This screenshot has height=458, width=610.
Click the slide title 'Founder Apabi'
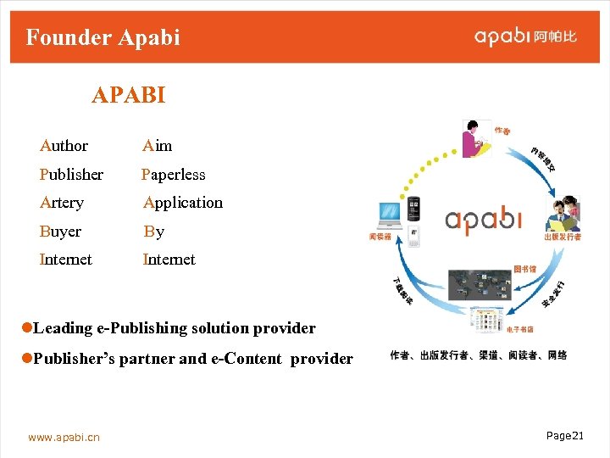103,37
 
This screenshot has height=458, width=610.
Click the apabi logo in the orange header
525,36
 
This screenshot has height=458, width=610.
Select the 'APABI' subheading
128,95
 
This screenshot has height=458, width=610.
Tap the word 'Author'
64,146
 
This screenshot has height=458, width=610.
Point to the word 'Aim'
158,146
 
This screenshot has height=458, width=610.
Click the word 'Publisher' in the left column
71,175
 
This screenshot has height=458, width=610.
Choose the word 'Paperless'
174,175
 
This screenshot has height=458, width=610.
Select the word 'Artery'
62,203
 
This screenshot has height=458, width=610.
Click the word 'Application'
183,203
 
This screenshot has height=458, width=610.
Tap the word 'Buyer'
60,232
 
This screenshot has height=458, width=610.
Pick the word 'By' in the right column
154,232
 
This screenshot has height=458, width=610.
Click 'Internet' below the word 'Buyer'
65,260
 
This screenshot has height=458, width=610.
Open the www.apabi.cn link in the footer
64,437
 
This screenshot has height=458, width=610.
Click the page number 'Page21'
565,435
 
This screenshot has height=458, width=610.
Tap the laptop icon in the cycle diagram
391,217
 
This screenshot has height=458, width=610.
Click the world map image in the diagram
480,288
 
